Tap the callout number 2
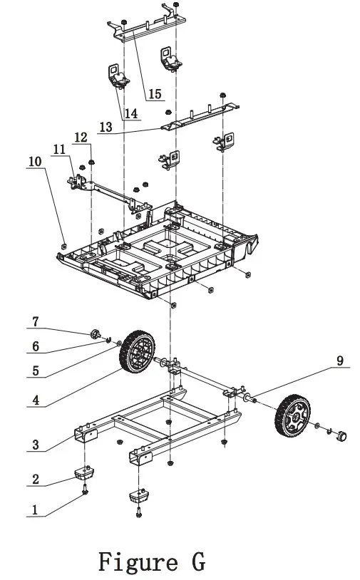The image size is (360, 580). coord(34,479)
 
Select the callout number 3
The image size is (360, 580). coord(34,445)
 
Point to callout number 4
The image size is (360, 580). coord(34,400)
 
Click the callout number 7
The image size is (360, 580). coord(34,322)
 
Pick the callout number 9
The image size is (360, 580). coord(340,361)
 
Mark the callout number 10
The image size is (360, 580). coord(34,162)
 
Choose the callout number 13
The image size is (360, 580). coord(106,127)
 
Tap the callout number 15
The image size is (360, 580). coord(155,93)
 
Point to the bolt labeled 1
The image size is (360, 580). coord(86,491)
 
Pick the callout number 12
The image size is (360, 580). coord(81,136)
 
